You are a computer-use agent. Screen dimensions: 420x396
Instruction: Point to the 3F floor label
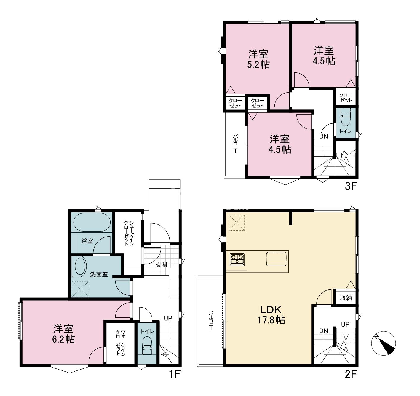pyautogui.click(x=351, y=186)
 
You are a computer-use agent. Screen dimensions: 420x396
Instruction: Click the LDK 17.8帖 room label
pyautogui.click(x=271, y=315)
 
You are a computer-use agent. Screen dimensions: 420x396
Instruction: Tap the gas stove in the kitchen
pyautogui.click(x=237, y=259)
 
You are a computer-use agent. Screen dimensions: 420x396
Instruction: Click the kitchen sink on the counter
pyautogui.click(x=276, y=259)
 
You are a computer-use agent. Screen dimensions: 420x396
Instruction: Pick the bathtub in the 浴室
pyautogui.click(x=92, y=222)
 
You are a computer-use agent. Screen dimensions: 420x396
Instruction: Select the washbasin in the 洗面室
pyautogui.click(x=79, y=267)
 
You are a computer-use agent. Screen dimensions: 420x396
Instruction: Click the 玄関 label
pyautogui.click(x=161, y=264)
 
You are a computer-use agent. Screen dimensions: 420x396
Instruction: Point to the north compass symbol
pyautogui.click(x=384, y=343)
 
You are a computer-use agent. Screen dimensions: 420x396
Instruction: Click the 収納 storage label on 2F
pyautogui.click(x=346, y=298)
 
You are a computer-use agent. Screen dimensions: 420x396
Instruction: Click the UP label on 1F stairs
pyautogui.click(x=168, y=318)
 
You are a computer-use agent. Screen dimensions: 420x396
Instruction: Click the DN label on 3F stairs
pyautogui.click(x=323, y=137)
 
